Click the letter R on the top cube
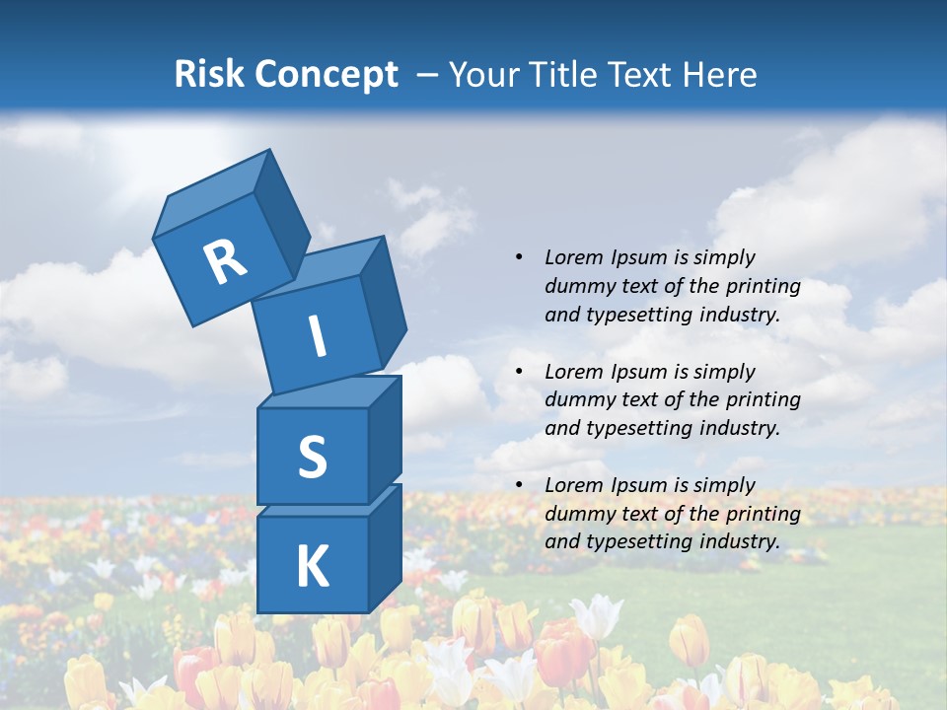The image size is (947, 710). pos(225,261)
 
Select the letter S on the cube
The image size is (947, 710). pos(312,458)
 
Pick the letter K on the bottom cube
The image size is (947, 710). pos(312,567)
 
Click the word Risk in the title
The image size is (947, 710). pos(211,74)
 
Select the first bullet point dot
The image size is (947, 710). pos(519,257)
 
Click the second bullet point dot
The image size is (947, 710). pos(519,372)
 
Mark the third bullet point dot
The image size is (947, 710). pos(519,485)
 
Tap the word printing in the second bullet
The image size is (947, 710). pos(763,400)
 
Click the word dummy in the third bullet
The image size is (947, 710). pos(578,514)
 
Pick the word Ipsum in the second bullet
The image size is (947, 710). pos(640,372)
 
